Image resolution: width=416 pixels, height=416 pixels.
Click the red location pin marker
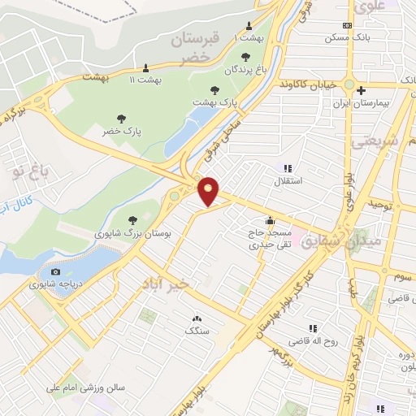[210, 191]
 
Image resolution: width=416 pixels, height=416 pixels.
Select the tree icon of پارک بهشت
[214, 91]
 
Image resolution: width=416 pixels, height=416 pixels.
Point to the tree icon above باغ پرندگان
[245, 57]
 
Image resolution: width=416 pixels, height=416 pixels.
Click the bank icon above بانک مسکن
[347, 25]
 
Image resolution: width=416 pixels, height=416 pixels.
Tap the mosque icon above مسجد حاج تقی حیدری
[270, 219]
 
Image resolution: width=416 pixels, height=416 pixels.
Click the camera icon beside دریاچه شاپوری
[55, 271]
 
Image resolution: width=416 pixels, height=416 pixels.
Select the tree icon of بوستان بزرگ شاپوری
[132, 219]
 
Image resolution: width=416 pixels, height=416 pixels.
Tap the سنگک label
[196, 331]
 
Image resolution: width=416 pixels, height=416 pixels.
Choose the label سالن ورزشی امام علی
[86, 388]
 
